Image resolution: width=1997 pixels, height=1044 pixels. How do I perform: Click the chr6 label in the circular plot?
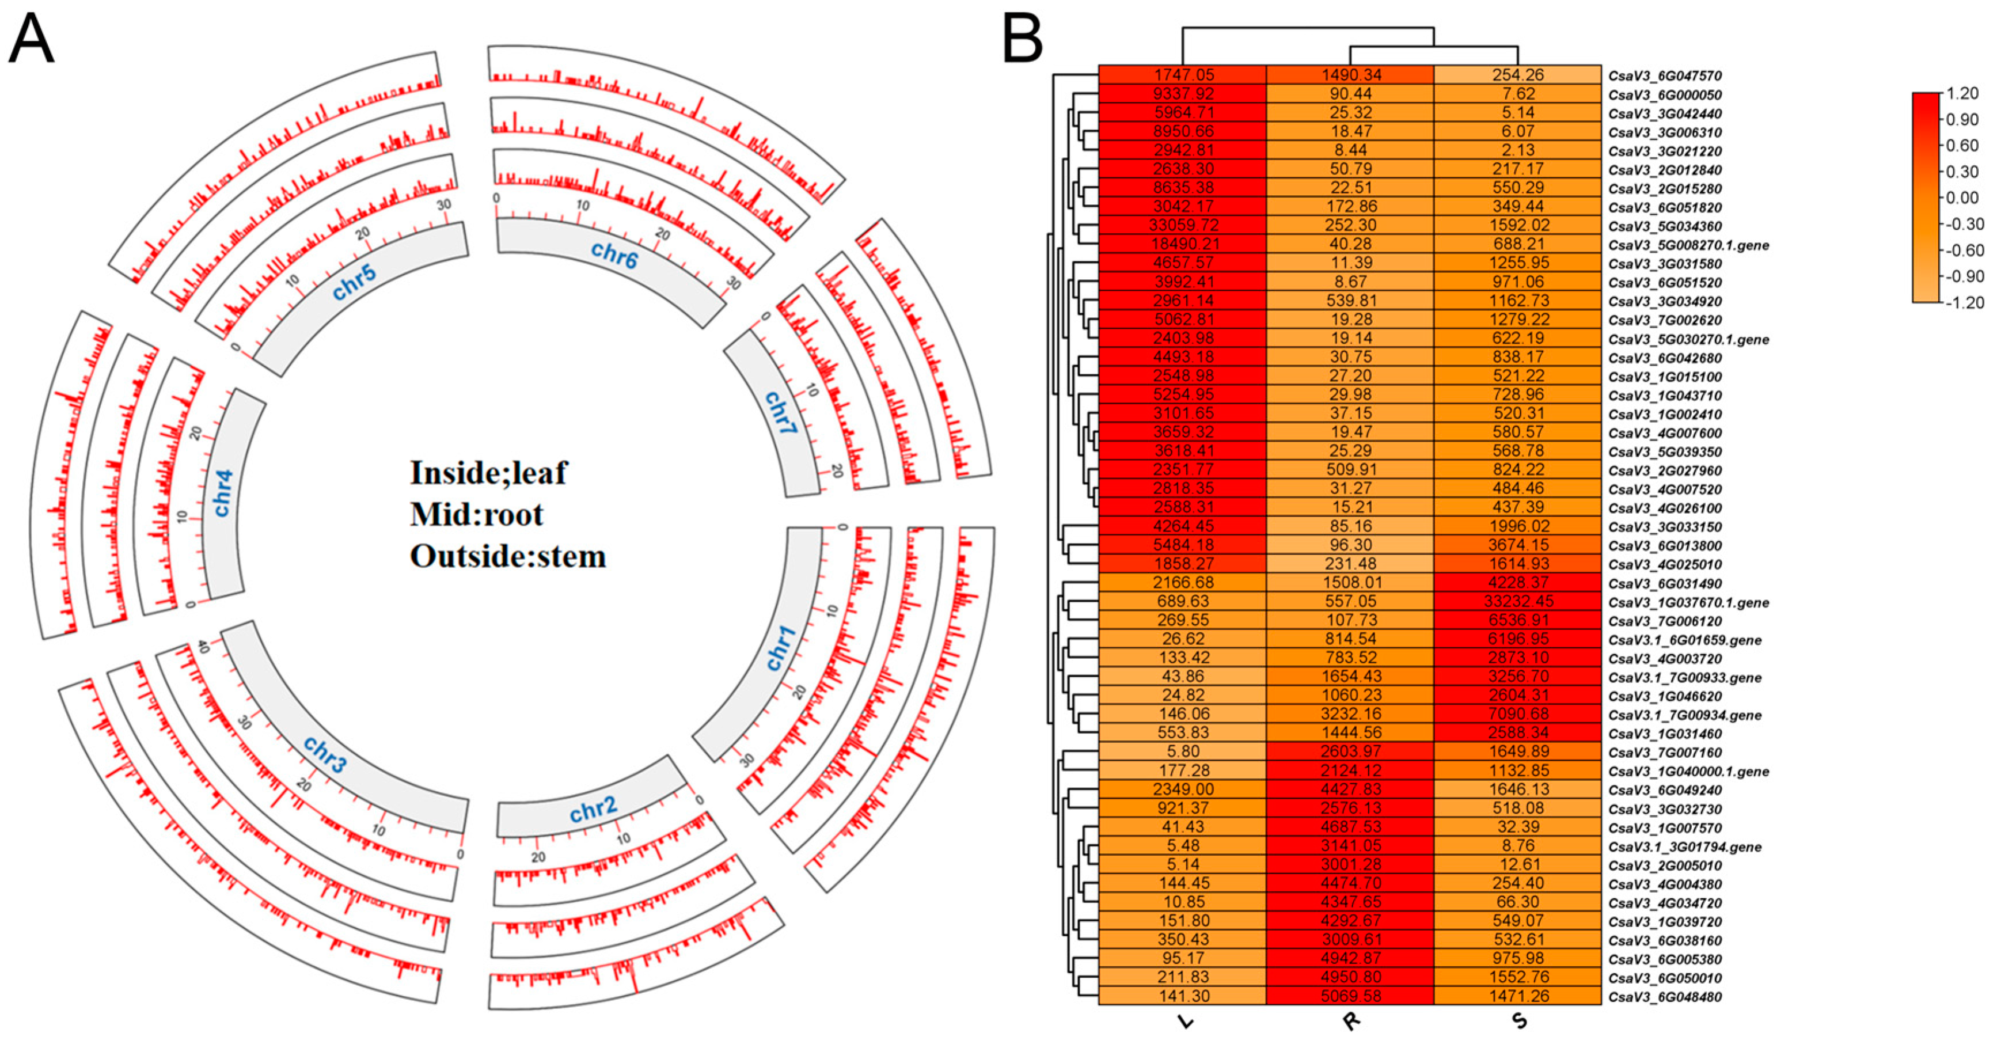point(613,253)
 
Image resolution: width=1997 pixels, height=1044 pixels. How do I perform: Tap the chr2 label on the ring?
point(593,810)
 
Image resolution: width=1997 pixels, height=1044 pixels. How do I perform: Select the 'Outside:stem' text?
point(508,556)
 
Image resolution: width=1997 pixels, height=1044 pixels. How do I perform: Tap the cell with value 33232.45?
point(1517,601)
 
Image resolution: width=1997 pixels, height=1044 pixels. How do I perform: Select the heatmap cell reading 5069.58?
point(1350,996)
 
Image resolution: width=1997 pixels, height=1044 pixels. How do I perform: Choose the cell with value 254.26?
point(1517,75)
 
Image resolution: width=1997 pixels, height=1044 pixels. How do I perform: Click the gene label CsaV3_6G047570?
point(1664,76)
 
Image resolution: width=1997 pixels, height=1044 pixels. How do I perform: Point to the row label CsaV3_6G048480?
point(1664,997)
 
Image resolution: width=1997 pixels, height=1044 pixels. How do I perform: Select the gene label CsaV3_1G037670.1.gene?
point(1688,602)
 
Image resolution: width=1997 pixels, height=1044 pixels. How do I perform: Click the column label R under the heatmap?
point(1350,1022)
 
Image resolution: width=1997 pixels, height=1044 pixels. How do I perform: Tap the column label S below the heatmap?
point(1518,1021)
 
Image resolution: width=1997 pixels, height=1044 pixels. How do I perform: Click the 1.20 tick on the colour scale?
point(1962,94)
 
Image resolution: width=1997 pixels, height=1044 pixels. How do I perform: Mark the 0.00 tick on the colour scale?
point(1962,198)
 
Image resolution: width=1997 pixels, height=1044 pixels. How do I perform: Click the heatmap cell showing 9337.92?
point(1183,94)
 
